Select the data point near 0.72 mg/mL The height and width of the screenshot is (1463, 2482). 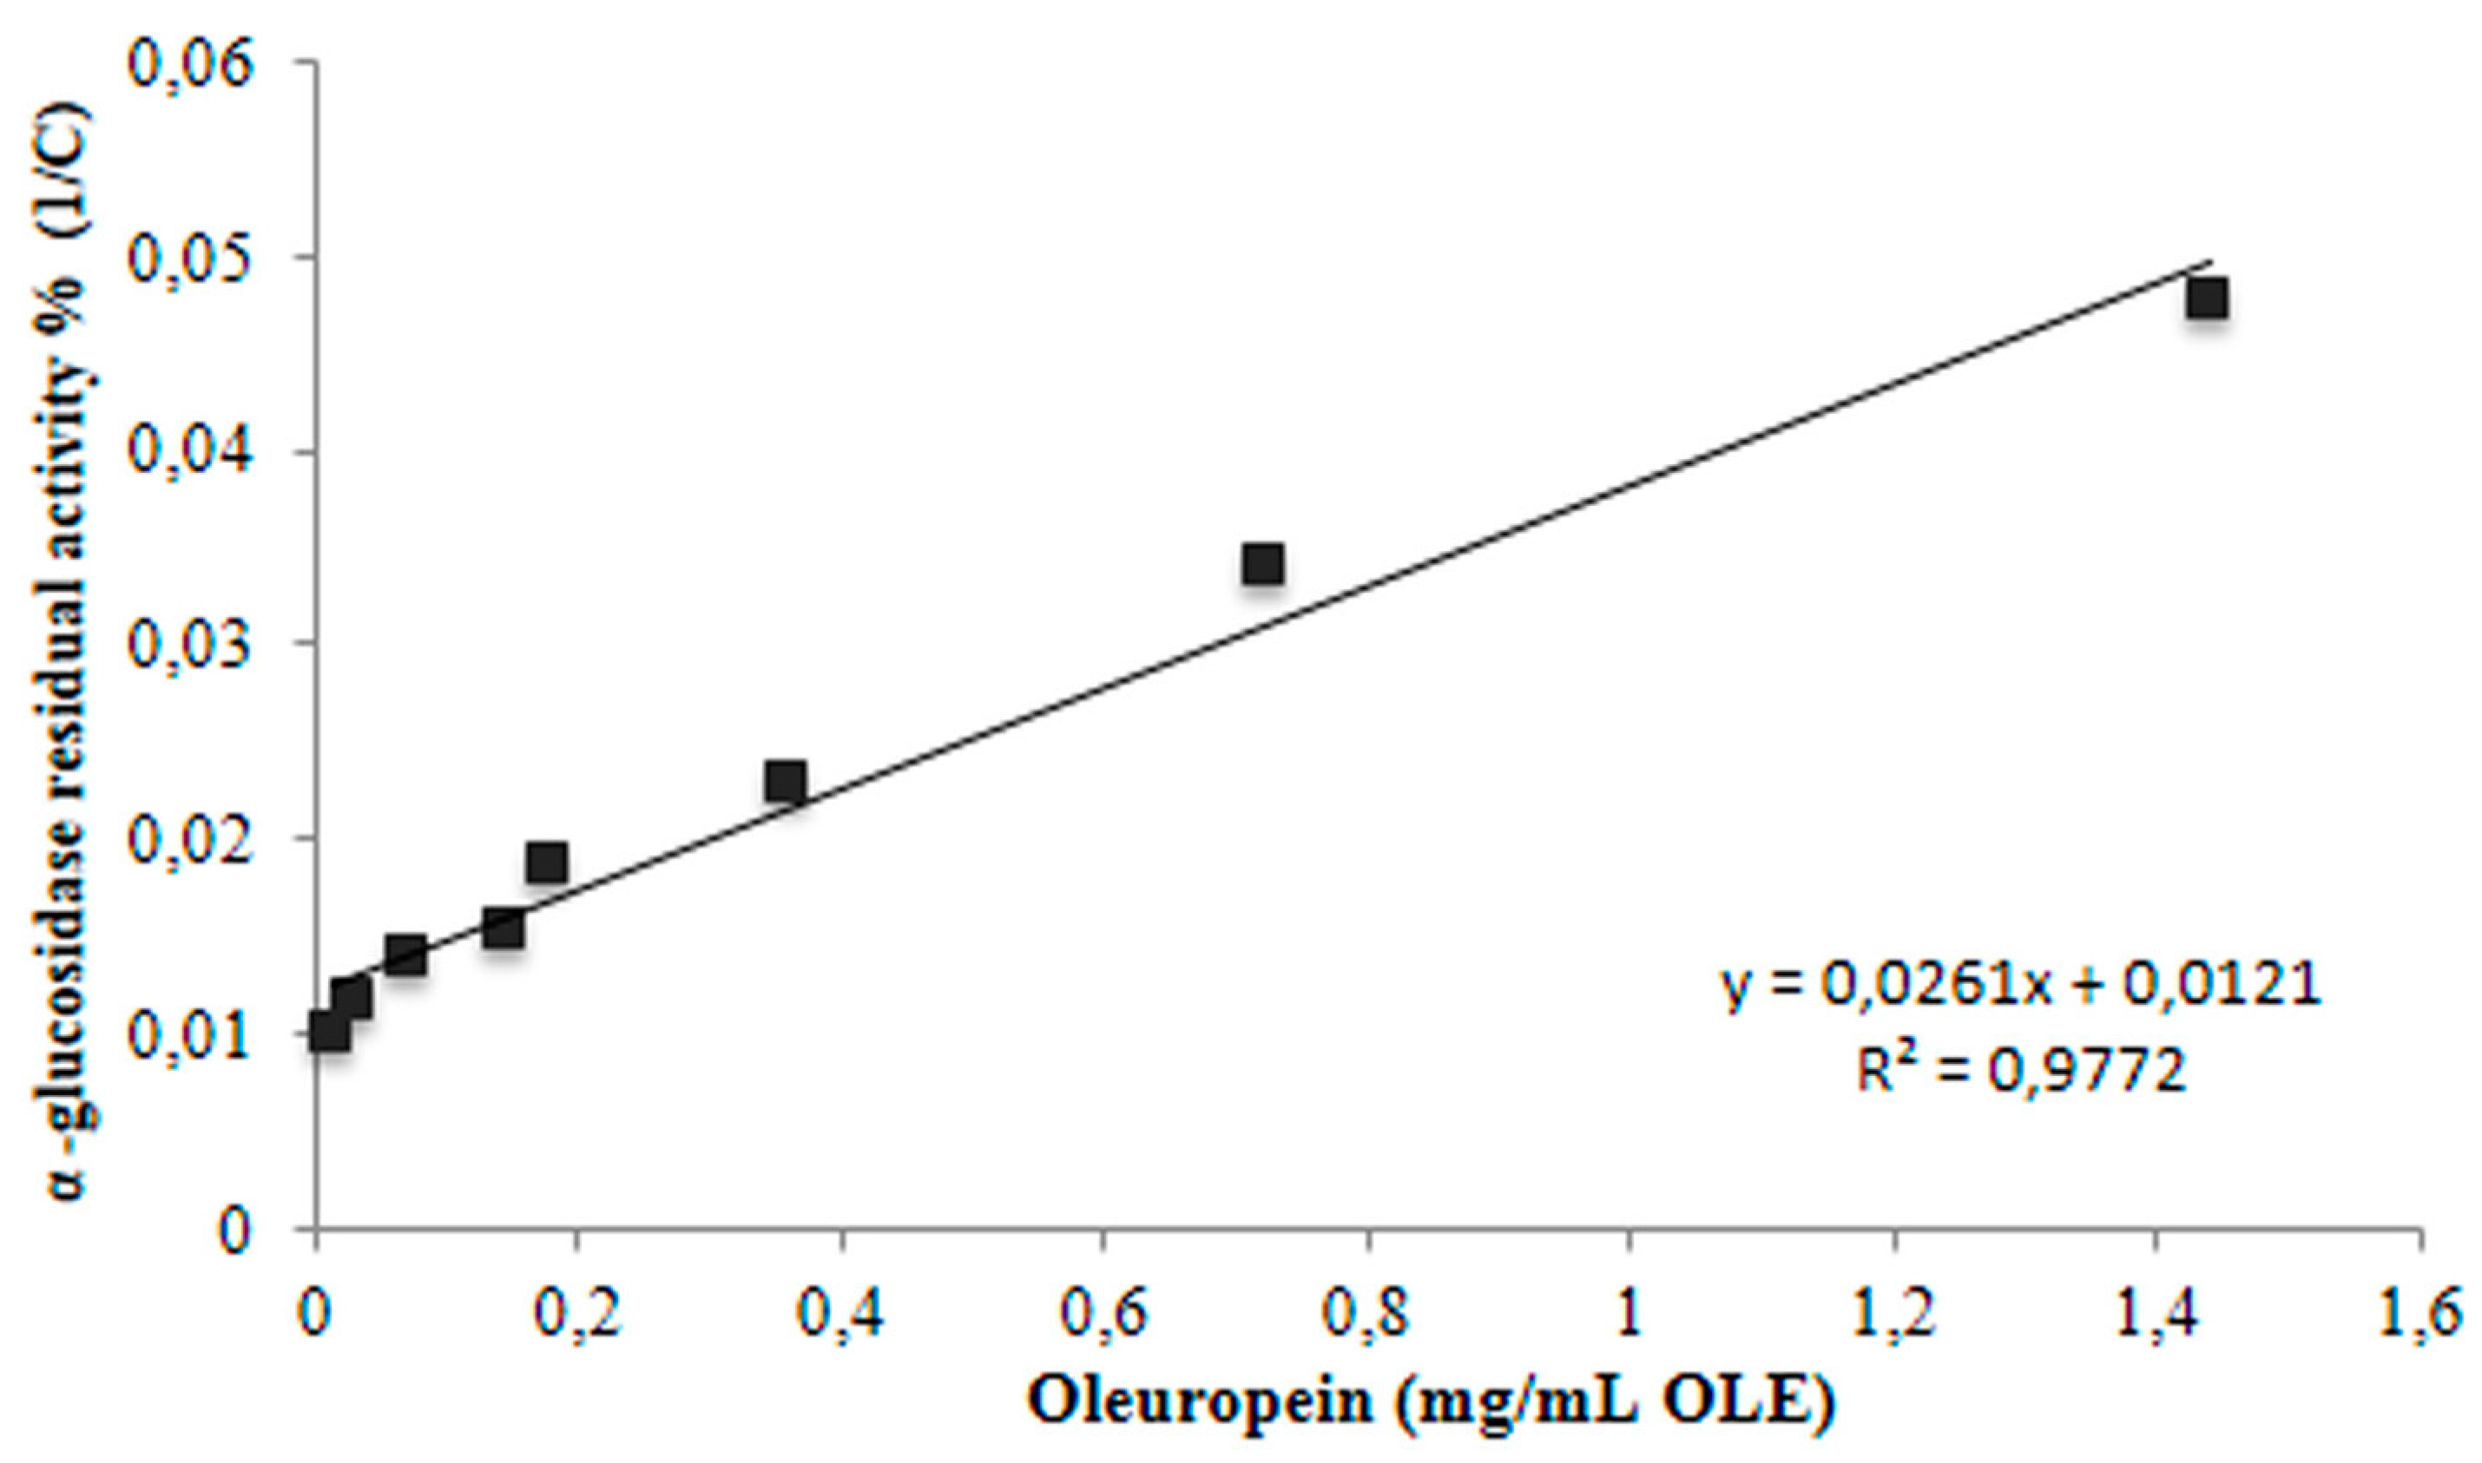(x=1262, y=565)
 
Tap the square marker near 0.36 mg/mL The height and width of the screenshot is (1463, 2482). (x=786, y=783)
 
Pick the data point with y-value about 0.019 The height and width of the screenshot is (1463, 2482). (x=546, y=863)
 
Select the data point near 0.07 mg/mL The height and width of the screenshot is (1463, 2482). (x=405, y=955)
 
